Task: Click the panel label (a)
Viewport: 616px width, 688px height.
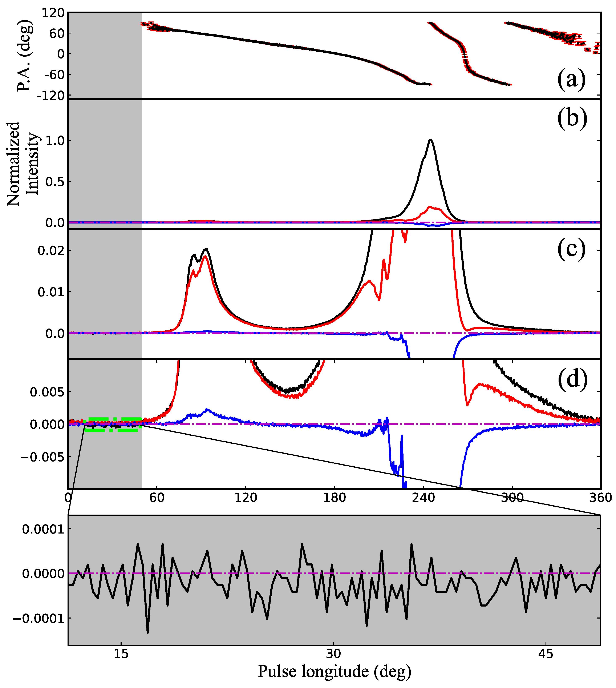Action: pyautogui.click(x=571, y=80)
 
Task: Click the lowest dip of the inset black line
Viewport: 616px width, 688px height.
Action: pyautogui.click(x=147, y=632)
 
